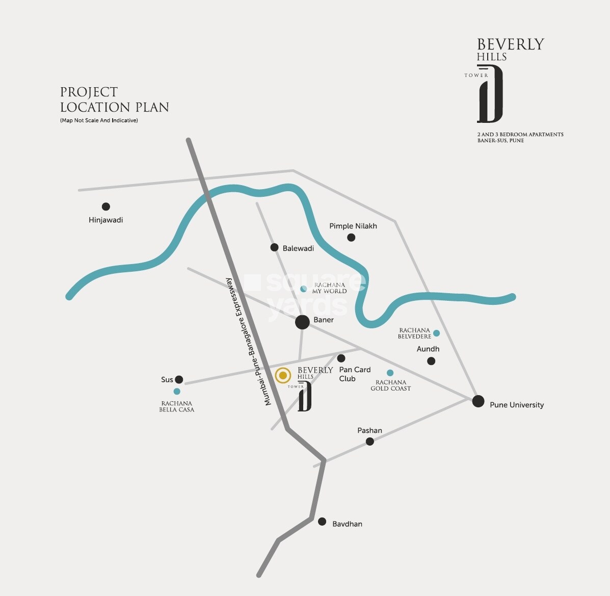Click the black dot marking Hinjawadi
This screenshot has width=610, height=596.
coord(105,206)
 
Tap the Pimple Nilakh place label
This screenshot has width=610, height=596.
coord(353,226)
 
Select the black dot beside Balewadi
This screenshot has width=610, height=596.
coord(274,247)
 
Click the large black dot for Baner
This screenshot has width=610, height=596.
coord(302,322)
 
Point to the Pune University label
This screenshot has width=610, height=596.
coord(516,405)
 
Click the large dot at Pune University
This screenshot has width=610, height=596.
coord(478,401)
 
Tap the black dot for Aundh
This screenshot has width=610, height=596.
coord(431,361)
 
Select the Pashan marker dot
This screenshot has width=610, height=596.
coord(370,442)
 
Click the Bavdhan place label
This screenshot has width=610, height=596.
coord(347,524)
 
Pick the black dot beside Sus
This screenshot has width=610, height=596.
coord(179,379)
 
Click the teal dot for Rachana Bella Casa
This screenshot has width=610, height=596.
coord(177,392)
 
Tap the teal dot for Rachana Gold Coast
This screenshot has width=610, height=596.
coord(390,373)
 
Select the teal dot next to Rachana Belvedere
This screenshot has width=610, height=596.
coord(436,333)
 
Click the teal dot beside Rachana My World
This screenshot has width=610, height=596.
coord(304,289)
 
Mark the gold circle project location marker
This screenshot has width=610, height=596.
coord(283,376)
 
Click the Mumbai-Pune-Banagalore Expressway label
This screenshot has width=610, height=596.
coord(249,342)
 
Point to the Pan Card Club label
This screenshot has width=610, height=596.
coord(355,374)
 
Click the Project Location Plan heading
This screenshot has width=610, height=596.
coord(114,99)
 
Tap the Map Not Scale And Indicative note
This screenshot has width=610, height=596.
coord(99,120)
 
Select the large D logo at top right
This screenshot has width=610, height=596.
coord(490,94)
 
